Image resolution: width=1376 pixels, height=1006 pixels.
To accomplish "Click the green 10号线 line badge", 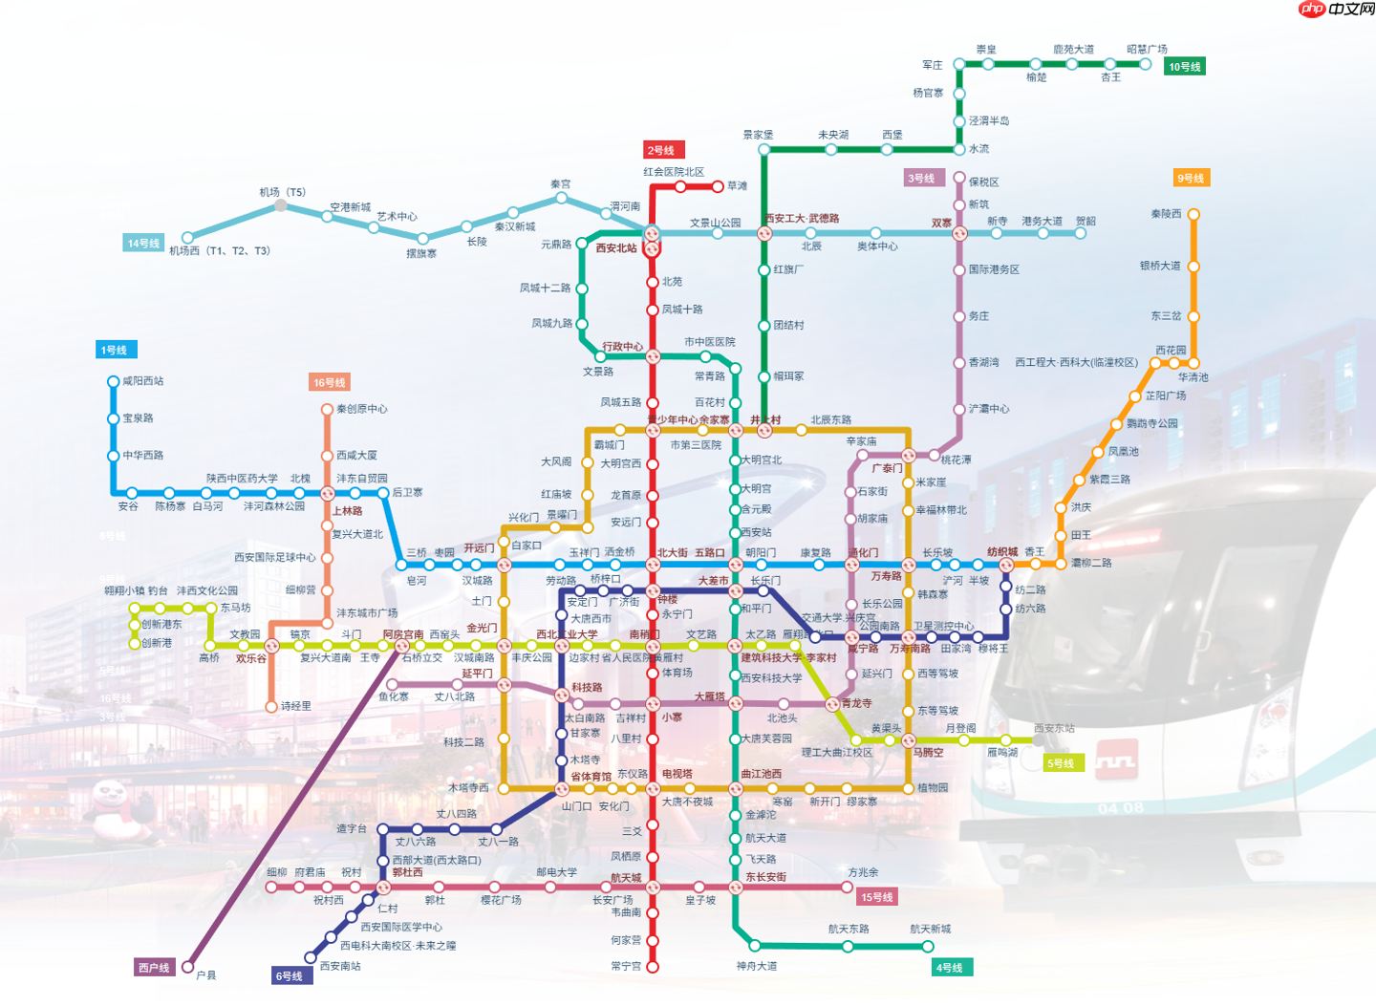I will (1184, 67).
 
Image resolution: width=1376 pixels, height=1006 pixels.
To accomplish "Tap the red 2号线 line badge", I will (661, 150).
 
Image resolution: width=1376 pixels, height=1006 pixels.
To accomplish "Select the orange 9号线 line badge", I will (1191, 179).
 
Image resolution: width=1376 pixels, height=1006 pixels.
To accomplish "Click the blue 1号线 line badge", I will (115, 350).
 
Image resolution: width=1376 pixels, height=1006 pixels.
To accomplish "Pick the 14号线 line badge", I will (143, 244).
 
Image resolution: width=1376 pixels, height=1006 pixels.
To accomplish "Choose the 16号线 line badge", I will (330, 382).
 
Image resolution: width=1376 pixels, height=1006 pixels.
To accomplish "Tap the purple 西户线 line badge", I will (154, 968).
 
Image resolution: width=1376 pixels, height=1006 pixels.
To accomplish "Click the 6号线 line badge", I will (290, 975).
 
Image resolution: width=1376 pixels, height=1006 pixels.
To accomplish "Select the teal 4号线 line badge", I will (951, 968).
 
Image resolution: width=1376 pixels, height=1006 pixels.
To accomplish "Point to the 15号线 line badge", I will (876, 897).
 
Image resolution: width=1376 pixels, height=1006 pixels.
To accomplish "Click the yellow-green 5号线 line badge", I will (1062, 763).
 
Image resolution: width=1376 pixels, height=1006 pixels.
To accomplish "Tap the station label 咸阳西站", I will (143, 381).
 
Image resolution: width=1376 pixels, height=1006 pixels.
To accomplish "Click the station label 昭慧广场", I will (1147, 50).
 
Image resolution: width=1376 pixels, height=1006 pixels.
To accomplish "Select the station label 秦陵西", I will (1166, 214).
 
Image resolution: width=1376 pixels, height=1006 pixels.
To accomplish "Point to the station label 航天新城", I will (930, 929).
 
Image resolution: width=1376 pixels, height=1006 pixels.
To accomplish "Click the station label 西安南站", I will (340, 966).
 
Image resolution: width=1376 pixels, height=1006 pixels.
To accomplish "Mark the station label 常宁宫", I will (626, 966).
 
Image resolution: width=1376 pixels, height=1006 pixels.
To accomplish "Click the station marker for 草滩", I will (718, 186).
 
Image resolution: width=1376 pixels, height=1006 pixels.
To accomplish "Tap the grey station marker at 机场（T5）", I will (281, 205).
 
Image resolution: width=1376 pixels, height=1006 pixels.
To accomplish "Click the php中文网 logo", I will (1337, 10).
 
